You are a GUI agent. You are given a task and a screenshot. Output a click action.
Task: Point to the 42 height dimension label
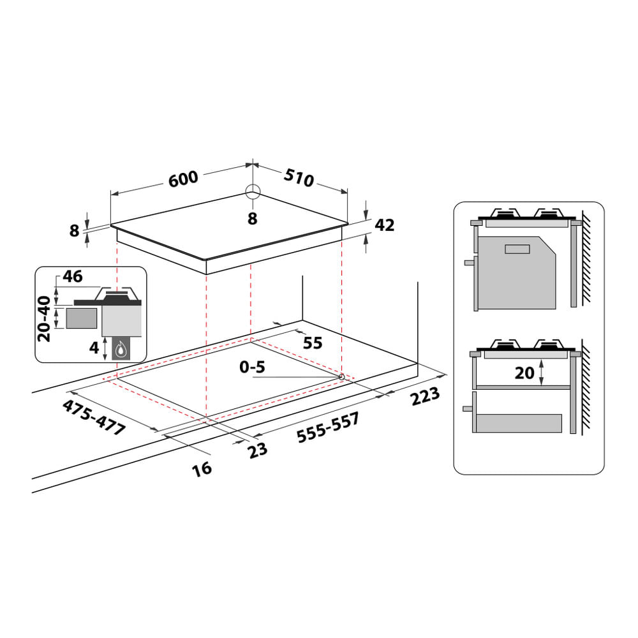[384, 225]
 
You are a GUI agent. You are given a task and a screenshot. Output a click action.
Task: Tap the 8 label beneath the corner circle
[252, 219]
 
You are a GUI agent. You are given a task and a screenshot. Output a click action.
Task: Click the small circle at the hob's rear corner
[253, 191]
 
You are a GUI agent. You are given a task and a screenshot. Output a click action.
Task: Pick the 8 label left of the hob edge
[75, 230]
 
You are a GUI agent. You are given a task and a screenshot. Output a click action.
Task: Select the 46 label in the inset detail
[73, 277]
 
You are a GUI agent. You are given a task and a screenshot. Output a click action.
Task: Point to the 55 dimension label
[313, 343]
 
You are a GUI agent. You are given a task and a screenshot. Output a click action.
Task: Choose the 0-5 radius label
[252, 368]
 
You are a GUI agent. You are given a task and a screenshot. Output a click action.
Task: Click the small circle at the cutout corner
[342, 377]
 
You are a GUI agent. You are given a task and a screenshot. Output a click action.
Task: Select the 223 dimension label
[425, 396]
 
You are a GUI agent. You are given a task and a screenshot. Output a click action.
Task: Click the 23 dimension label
[258, 450]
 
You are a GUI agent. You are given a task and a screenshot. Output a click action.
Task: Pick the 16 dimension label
[202, 469]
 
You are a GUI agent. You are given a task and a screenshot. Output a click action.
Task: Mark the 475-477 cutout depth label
[94, 418]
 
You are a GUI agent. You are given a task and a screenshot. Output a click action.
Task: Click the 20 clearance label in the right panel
[524, 373]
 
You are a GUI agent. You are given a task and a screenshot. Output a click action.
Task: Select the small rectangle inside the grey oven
[517, 249]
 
